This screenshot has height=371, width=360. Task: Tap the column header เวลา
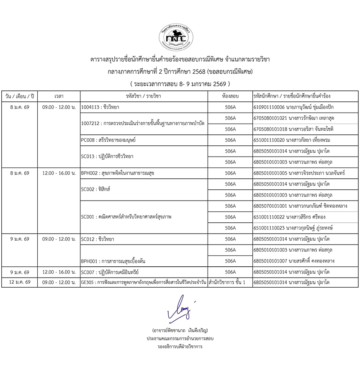click(x=59, y=96)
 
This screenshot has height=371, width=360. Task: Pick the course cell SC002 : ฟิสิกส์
click(x=95, y=189)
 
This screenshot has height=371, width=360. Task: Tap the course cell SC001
click(x=126, y=217)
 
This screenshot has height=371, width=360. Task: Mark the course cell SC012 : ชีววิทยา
click(x=98, y=239)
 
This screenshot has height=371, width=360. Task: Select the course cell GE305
click(x=144, y=283)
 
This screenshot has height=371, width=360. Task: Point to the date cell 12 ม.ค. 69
click(x=20, y=283)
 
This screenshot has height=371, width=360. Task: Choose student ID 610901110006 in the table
click(x=269, y=107)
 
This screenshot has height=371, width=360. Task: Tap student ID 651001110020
click(x=269, y=140)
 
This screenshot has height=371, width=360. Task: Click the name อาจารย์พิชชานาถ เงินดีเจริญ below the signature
click(x=180, y=330)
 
